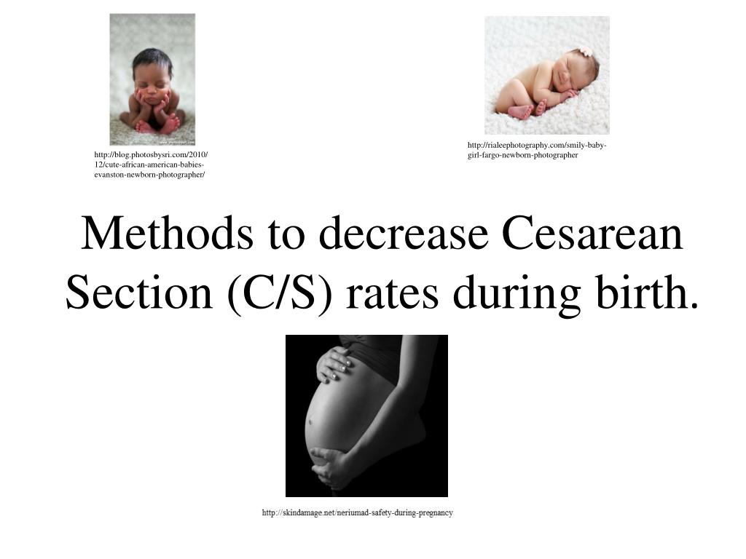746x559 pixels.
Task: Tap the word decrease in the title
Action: click(392, 234)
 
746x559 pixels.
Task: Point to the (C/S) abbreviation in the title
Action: click(280, 293)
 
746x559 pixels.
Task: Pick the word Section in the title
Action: click(138, 293)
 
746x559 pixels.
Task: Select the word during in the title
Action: click(513, 293)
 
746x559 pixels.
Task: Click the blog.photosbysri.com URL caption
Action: click(152, 164)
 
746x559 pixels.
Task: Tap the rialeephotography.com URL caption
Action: click(538, 150)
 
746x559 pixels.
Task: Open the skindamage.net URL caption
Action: click(357, 513)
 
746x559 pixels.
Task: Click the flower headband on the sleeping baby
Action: click(584, 52)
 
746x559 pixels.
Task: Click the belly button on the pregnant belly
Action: click(310, 421)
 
